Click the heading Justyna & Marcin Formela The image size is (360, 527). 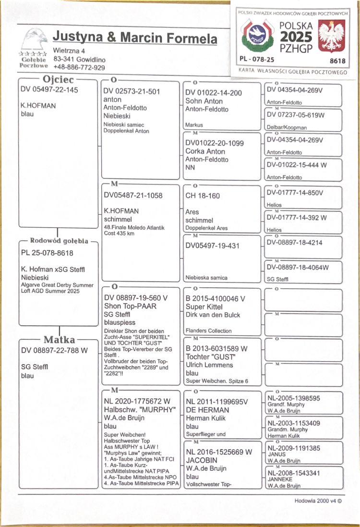click(x=135, y=37)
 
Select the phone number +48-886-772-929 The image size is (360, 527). click(x=79, y=68)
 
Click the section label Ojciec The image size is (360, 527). click(x=59, y=80)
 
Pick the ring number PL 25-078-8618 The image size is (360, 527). click(x=47, y=253)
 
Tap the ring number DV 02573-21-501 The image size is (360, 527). click(x=132, y=91)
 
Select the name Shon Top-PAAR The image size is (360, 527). click(x=131, y=306)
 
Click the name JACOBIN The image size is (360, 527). click(x=201, y=460)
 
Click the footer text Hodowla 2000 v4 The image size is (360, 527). click(x=318, y=501)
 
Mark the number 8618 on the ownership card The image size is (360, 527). click(x=338, y=61)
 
